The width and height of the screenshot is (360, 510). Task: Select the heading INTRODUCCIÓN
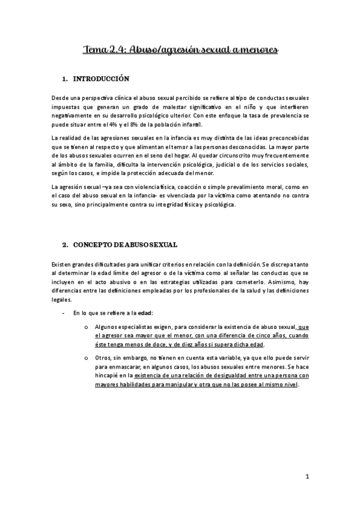[101, 79]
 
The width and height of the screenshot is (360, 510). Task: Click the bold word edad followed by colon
[144, 313]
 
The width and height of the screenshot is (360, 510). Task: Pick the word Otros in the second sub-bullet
[103, 358]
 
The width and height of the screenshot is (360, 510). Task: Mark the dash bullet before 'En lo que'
[64, 313]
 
